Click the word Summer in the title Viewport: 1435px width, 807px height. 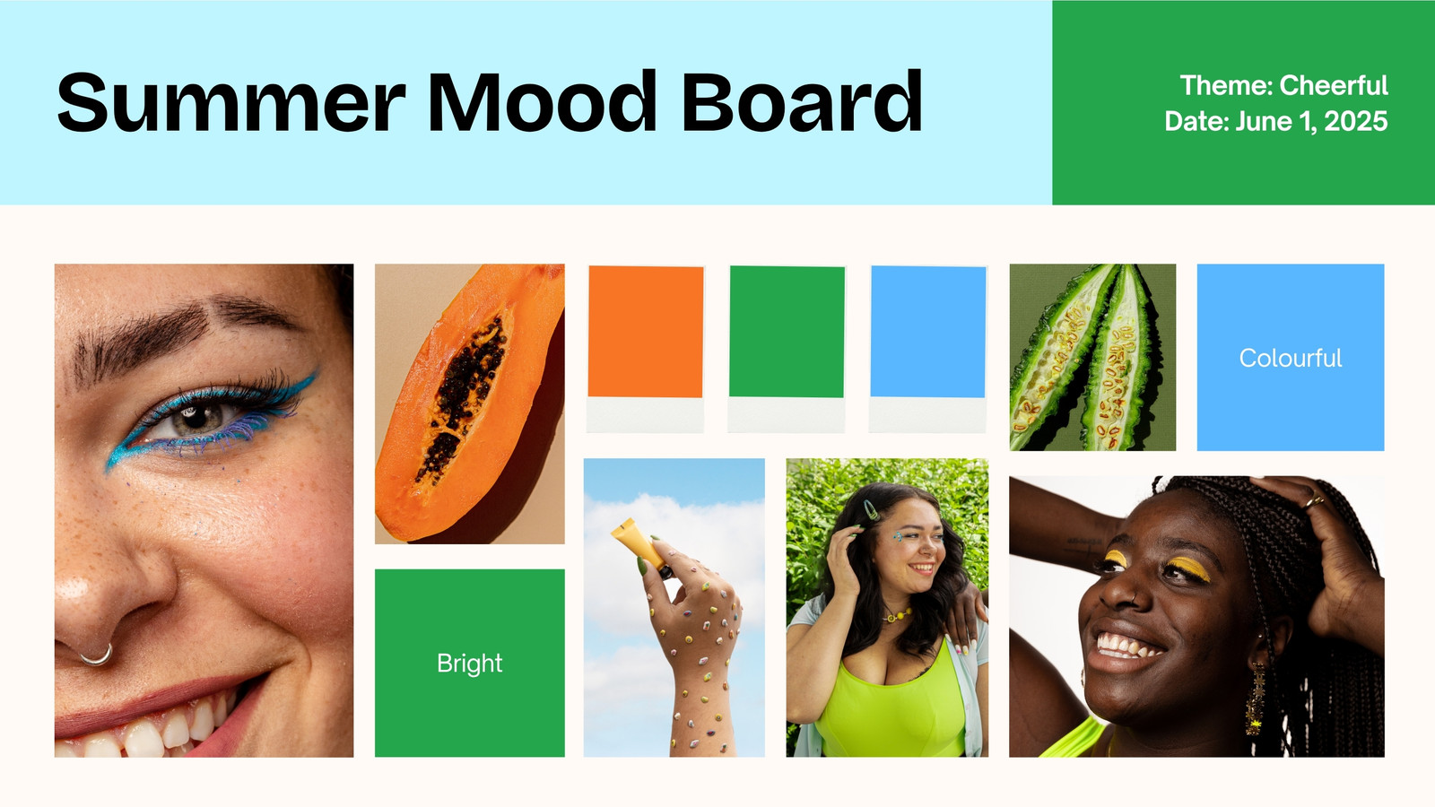point(231,102)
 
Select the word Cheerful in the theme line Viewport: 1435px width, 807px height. point(1334,85)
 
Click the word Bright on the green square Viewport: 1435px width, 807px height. point(470,664)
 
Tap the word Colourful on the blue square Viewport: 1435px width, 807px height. point(1291,358)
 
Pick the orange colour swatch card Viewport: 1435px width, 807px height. point(645,349)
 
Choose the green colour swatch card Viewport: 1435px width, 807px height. point(787,349)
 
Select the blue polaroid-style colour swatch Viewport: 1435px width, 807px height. point(927,349)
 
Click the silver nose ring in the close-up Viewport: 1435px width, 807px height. point(99,658)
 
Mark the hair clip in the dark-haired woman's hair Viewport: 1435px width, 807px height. point(871,510)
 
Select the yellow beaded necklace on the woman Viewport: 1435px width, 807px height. point(898,615)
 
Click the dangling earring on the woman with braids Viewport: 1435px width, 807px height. point(1256,699)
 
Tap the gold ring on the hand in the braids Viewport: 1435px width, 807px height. point(1313,502)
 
